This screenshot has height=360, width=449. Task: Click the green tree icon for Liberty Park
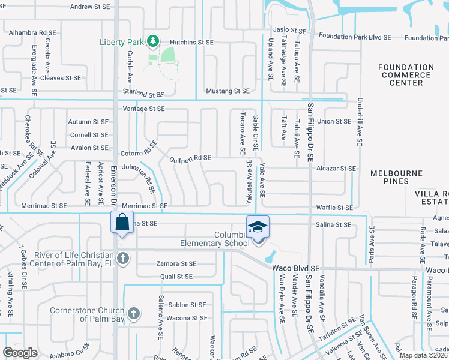154,40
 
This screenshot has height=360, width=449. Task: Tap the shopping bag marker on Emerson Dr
122,223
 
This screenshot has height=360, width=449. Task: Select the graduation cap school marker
257,227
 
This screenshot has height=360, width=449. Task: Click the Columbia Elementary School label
215,239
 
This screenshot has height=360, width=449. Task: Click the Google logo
20,353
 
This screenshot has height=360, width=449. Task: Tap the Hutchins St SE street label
191,43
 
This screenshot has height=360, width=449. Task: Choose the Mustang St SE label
227,91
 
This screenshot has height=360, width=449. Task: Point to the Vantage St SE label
143,109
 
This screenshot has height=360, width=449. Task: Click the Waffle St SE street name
334,208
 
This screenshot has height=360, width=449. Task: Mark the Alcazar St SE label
336,169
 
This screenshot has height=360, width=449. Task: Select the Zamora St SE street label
176,263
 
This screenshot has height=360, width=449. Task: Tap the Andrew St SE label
90,7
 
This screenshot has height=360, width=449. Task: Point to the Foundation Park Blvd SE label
355,37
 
